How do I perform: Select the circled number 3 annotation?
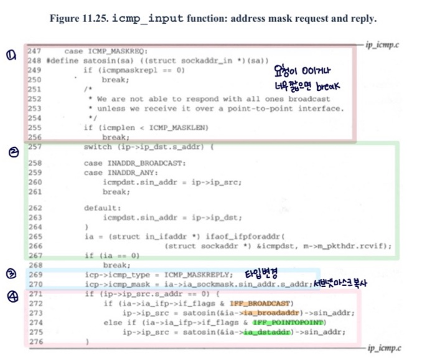click(x=11, y=274)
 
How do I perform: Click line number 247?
click(x=34, y=50)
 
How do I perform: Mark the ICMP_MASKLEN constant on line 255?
click(x=166, y=128)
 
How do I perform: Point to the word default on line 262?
click(x=99, y=208)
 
